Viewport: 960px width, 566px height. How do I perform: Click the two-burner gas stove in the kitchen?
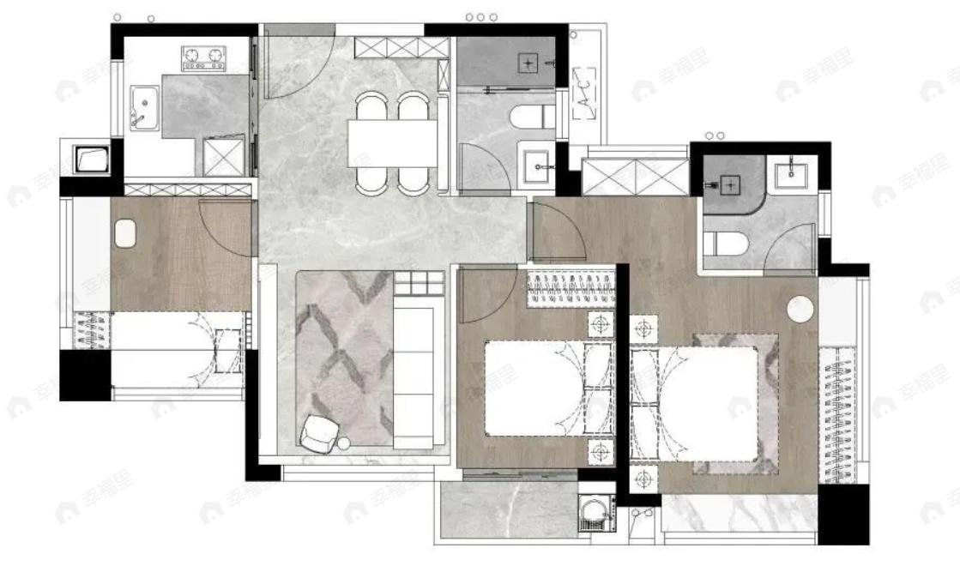203,58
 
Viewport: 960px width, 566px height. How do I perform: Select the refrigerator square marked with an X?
223,158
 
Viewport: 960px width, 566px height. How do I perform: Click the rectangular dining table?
392,141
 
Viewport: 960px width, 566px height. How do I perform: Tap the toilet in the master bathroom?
725,241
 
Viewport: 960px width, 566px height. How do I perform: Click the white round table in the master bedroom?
801,309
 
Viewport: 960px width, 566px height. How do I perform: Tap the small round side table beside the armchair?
345,444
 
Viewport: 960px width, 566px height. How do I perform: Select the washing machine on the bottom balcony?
595,514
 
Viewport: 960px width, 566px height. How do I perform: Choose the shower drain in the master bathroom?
729,184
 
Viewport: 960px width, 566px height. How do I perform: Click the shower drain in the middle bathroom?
530,63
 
